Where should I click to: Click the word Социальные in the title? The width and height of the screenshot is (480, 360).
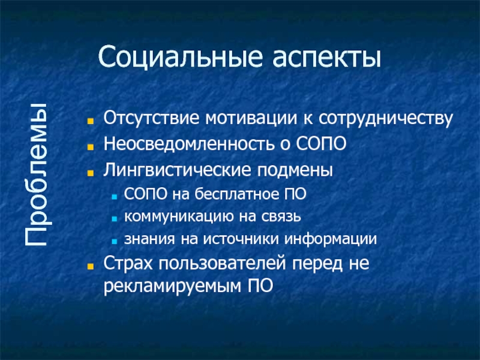172,58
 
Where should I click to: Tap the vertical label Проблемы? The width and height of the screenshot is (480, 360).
37,175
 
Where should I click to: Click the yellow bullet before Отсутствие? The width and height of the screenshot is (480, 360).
91,119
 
